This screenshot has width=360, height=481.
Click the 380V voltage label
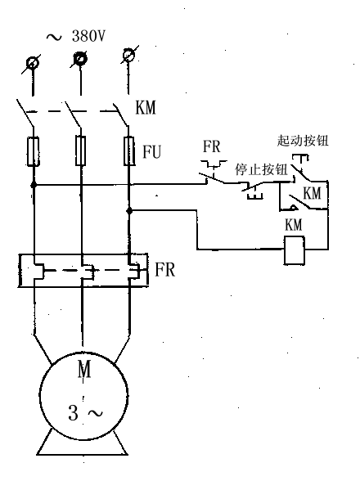88,36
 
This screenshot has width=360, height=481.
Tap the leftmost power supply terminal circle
33,64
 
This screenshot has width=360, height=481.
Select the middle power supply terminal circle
80,59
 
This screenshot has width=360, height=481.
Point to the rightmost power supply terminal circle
128,55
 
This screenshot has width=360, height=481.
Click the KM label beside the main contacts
146,107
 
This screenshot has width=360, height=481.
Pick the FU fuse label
152,151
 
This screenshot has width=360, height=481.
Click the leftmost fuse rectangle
34,151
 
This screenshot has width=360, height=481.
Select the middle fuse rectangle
81,151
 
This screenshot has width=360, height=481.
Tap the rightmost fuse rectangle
129,151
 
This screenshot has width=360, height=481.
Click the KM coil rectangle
295,250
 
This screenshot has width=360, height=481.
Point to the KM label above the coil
294,225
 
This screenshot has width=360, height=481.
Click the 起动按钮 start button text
303,141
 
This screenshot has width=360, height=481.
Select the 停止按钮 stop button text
261,169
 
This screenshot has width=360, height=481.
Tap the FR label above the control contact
211,146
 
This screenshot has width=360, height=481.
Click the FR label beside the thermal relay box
165,270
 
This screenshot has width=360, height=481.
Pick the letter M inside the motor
84,369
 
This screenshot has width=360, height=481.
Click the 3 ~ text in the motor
86,413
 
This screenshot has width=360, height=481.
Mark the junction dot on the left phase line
34,185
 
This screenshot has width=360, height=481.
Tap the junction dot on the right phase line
129,211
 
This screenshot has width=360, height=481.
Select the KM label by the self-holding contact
312,193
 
